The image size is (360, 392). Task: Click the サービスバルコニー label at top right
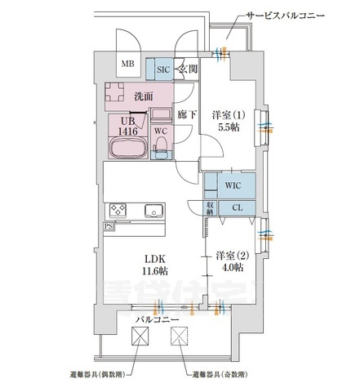pyautogui.click(x=286, y=16)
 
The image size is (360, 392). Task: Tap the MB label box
pyautogui.click(x=128, y=64)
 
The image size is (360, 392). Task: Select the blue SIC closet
pyautogui.click(x=162, y=69)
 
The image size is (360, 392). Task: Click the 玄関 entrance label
pyautogui.click(x=189, y=69)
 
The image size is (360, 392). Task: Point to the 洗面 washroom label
pyautogui.click(x=143, y=97)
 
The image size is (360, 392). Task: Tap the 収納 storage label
pyautogui.click(x=211, y=207)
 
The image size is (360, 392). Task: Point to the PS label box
pyautogui.click(x=109, y=226)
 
